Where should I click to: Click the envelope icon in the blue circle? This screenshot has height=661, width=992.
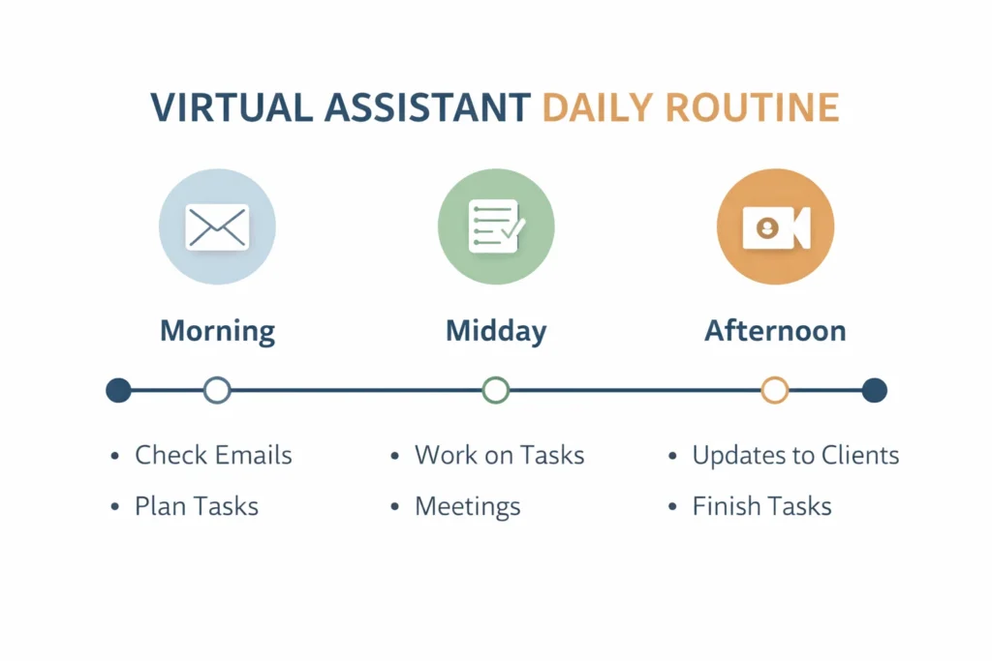coord(217,226)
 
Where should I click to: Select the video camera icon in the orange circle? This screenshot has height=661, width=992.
coord(775,226)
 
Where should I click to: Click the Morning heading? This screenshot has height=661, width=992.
coord(217,331)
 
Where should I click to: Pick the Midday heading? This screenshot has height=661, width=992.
coord(496,331)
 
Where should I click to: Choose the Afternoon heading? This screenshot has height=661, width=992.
coord(775,331)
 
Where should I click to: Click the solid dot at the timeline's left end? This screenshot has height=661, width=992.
coord(118,390)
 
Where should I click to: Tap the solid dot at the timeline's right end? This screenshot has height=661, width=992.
coord(874,390)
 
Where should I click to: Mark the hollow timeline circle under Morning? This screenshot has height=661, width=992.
coord(217,390)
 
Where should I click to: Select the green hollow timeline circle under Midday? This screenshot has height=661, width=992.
coord(496,390)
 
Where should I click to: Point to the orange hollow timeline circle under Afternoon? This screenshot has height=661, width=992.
coord(775,390)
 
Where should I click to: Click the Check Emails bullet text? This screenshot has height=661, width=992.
coord(213,455)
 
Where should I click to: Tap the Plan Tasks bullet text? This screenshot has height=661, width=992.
coord(197,505)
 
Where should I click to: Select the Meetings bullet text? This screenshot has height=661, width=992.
coord(468,505)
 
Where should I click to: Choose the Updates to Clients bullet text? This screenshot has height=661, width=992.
coord(795,455)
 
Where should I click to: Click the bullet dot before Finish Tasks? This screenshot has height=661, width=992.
coord(673,506)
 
